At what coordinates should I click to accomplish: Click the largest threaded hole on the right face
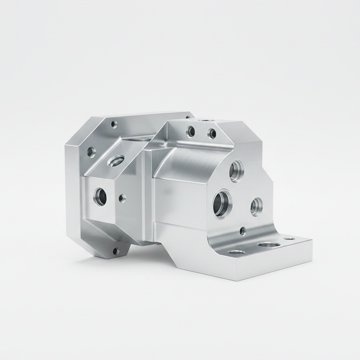point(223,204)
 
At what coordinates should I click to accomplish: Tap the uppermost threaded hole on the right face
point(236,171)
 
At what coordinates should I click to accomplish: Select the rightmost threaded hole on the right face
point(256,206)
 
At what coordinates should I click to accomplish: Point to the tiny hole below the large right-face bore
point(243,231)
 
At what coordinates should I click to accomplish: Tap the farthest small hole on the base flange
point(289,238)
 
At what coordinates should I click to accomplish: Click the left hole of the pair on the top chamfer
point(191,131)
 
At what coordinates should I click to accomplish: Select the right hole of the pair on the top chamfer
point(212,133)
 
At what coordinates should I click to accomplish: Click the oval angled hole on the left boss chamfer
point(116,160)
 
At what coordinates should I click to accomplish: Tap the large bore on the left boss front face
point(100,196)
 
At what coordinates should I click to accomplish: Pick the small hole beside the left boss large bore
point(122,198)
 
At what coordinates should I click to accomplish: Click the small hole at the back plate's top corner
point(114,124)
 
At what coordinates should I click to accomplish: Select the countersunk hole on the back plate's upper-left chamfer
point(91,152)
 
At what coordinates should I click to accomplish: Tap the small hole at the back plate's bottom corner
point(115,251)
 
